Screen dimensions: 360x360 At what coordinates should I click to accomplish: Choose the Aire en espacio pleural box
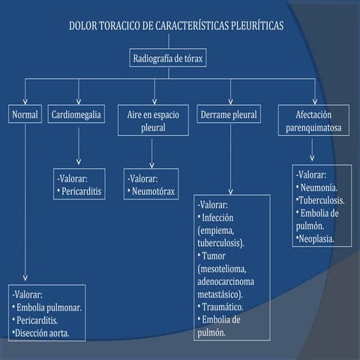153,121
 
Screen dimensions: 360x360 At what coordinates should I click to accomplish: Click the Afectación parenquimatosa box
313,121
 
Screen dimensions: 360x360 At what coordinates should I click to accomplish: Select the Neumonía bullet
317,187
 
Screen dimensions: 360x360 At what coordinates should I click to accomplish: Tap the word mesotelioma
225,269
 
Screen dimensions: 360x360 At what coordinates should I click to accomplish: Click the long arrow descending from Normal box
25,202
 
